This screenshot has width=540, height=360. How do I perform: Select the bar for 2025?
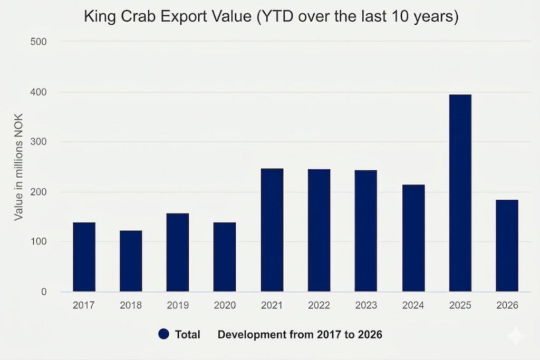(x=460, y=193)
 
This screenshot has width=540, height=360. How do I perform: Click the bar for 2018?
(x=131, y=261)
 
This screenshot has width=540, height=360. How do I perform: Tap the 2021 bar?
(x=272, y=230)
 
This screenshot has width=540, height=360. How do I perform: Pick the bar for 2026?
(x=507, y=246)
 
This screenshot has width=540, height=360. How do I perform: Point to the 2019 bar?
(x=178, y=252)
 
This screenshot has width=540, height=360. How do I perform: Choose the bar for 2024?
(x=413, y=238)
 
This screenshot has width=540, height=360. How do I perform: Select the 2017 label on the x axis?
(x=84, y=306)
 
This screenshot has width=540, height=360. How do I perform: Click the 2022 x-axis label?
(x=319, y=306)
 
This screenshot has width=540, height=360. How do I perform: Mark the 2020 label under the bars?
(x=225, y=306)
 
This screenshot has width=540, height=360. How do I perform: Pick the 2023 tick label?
(x=366, y=306)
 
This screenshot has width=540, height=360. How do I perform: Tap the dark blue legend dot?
(x=163, y=334)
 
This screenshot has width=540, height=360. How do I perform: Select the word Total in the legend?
(x=187, y=334)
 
